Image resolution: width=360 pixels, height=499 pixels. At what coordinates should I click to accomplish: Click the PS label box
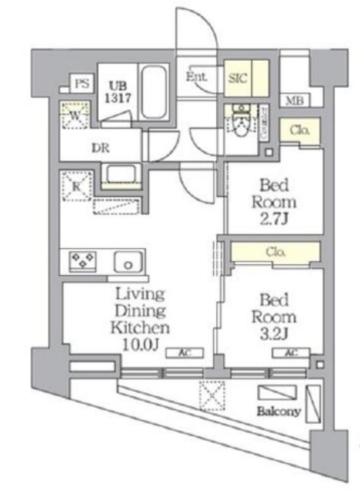(81, 83)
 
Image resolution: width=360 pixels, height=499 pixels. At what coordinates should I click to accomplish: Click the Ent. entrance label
(196, 77)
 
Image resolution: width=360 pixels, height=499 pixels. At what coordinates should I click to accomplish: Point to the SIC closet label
(236, 78)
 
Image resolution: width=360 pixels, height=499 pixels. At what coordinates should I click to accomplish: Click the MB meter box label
(295, 101)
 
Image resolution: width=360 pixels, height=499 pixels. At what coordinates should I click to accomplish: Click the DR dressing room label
(100, 148)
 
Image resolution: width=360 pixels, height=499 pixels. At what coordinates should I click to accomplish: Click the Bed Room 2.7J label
(274, 200)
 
